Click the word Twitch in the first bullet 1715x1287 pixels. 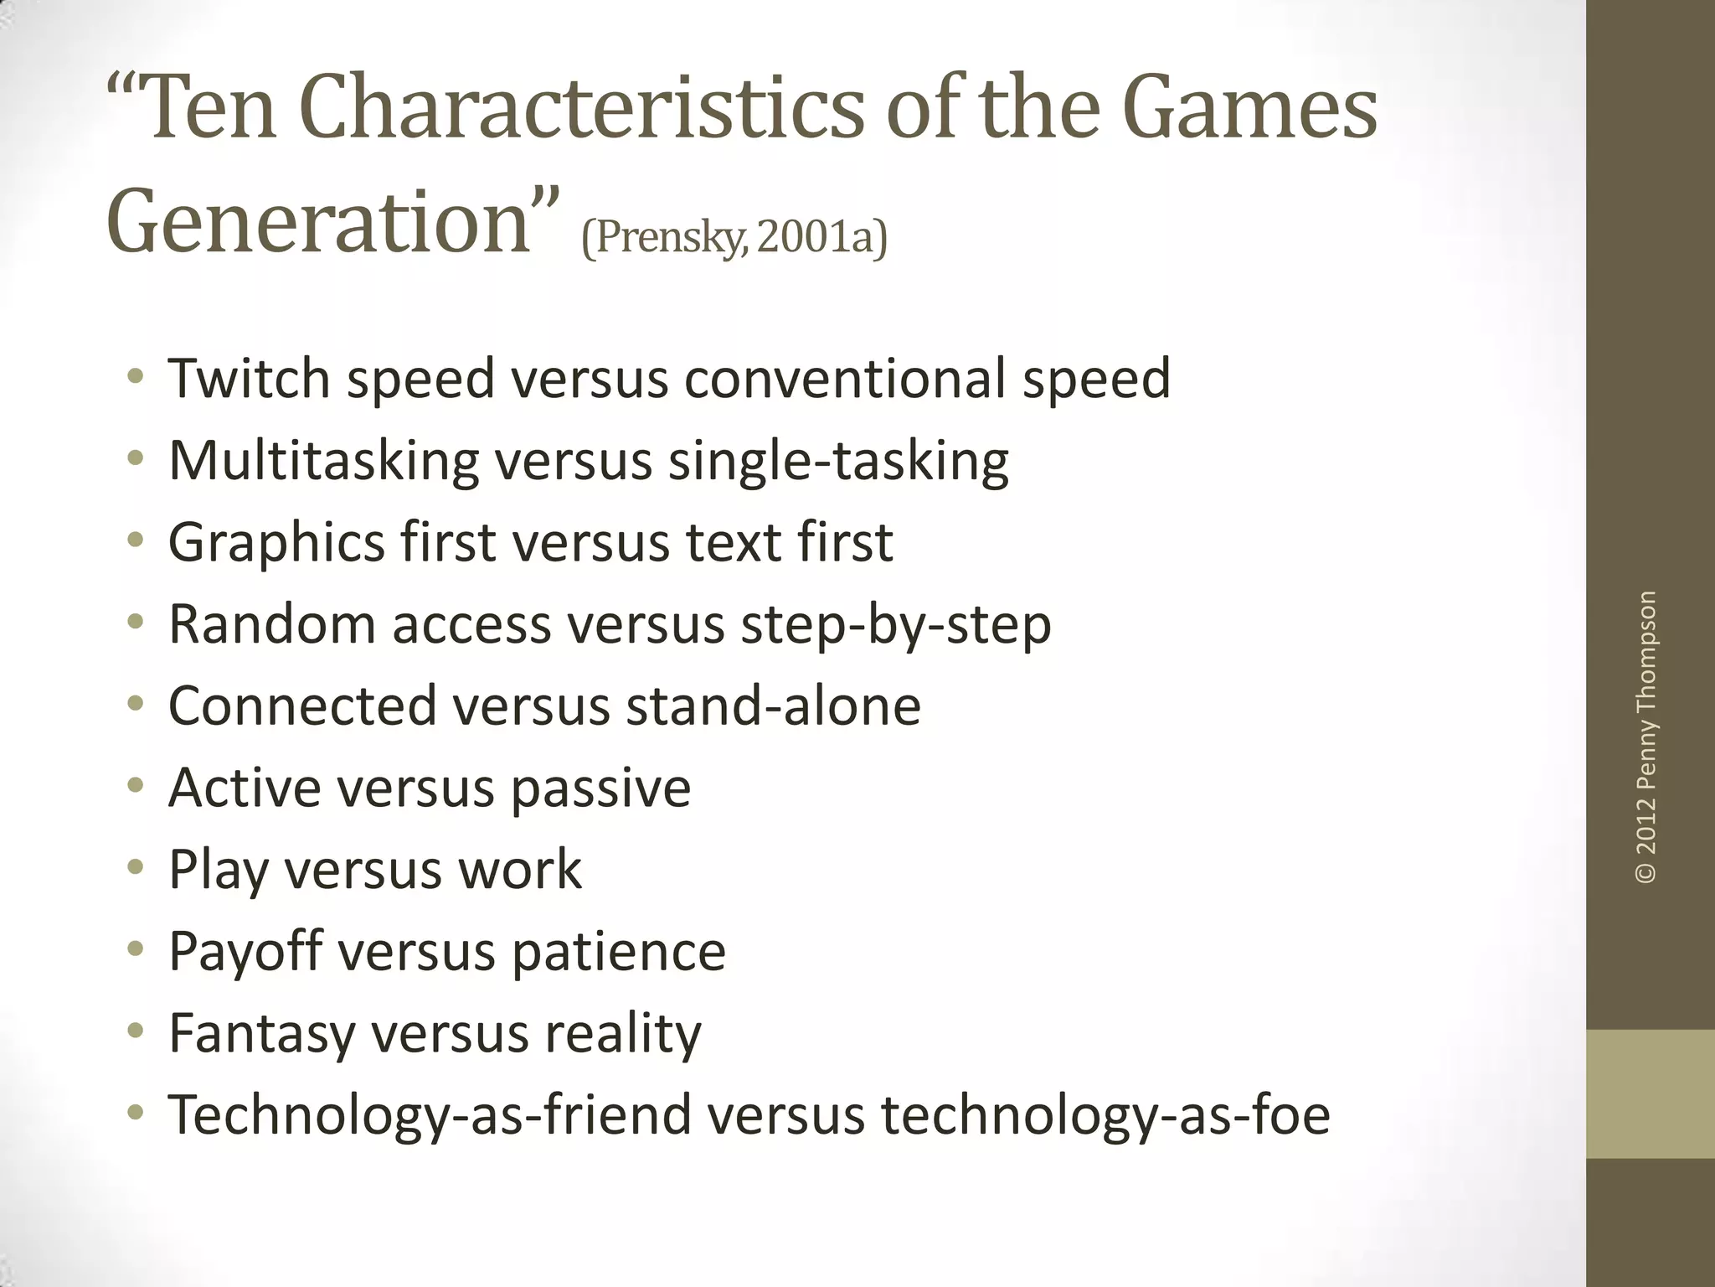pyautogui.click(x=249, y=379)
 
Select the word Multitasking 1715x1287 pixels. pyautogui.click(x=324, y=462)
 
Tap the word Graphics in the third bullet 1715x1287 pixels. pyautogui.click(x=276, y=543)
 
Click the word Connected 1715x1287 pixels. pyautogui.click(x=302, y=706)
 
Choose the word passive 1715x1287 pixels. pyautogui.click(x=600, y=788)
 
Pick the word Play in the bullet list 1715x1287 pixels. pyautogui.click(x=219, y=870)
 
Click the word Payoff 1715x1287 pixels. pyautogui.click(x=245, y=952)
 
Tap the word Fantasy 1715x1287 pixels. pyautogui.click(x=262, y=1033)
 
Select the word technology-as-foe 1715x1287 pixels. pyautogui.click(x=1105, y=1115)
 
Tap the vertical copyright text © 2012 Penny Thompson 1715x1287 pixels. pyautogui.click(x=1645, y=737)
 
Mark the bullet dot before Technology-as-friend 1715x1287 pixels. pyautogui.click(x=136, y=1114)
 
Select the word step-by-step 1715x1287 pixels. pyautogui.click(x=895, y=625)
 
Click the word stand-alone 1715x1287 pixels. pyautogui.click(x=773, y=706)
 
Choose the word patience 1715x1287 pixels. pyautogui.click(x=618, y=952)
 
